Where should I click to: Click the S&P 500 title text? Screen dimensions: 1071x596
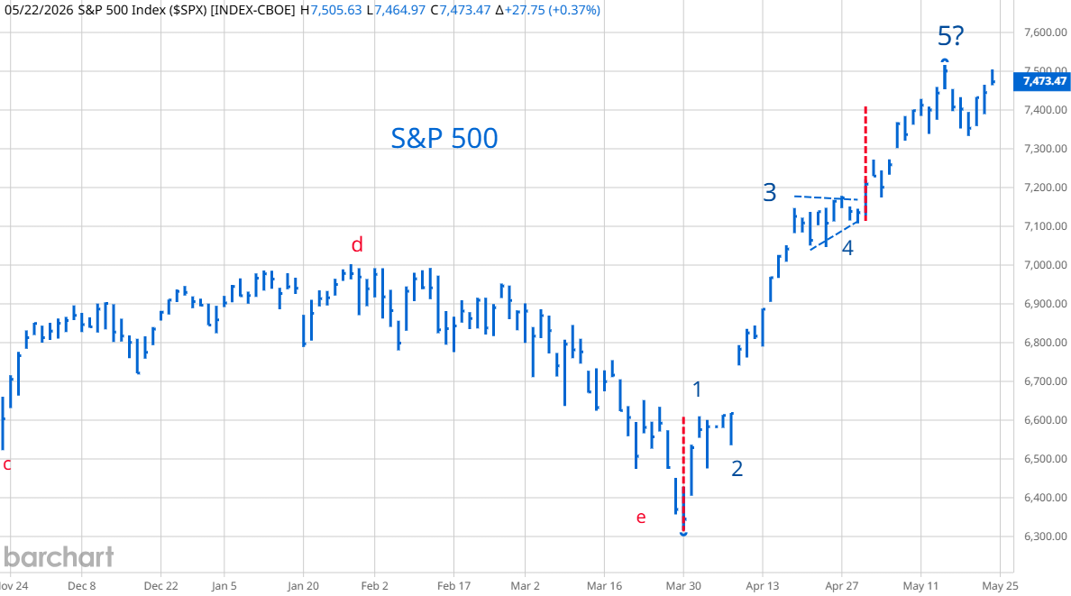click(444, 138)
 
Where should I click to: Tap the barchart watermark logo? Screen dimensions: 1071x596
click(58, 557)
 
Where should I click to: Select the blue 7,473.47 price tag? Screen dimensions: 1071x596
click(1044, 81)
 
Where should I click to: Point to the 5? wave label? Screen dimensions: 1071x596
click(951, 35)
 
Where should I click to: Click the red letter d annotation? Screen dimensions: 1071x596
click(356, 244)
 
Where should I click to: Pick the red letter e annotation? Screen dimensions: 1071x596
click(641, 518)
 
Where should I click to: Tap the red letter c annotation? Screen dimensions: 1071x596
click(7, 464)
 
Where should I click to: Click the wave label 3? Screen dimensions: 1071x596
click(770, 193)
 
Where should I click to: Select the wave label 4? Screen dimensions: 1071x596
click(847, 248)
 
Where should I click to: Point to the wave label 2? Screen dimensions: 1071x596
click(737, 468)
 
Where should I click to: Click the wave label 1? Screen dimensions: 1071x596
click(697, 390)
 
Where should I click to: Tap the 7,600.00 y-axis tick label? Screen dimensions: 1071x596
click(1045, 32)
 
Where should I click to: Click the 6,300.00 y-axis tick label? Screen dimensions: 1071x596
click(1045, 536)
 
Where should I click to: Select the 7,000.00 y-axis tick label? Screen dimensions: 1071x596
click(1045, 265)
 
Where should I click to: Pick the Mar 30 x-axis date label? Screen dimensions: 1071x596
click(683, 586)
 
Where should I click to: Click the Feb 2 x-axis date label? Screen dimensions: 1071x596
click(374, 586)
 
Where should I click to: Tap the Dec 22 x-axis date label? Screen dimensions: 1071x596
click(161, 586)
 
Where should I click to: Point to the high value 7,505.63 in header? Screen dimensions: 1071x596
click(335, 10)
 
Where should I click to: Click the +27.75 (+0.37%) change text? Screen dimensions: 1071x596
click(553, 10)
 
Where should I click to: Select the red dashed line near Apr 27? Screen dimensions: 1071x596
click(865, 163)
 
